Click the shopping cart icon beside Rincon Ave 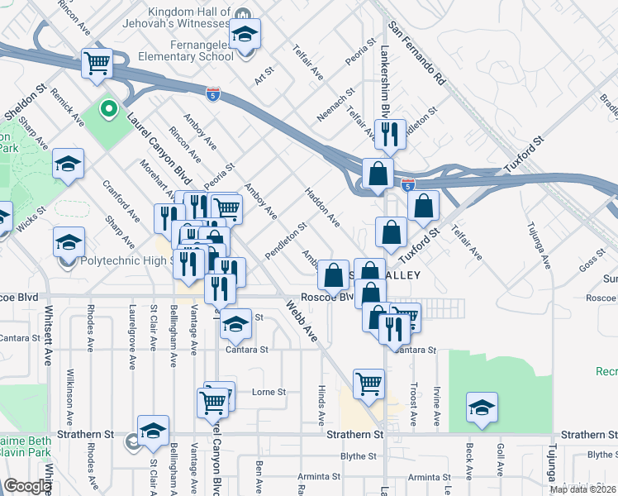tap(97, 63)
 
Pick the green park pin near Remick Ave tap(108, 108)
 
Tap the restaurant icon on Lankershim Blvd tap(387, 132)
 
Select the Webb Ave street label tap(302, 322)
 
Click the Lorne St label tap(268, 392)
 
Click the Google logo tap(27, 486)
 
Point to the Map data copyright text tap(583, 489)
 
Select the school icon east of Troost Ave tap(483, 408)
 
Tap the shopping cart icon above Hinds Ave tap(368, 383)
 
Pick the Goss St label tap(592, 262)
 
